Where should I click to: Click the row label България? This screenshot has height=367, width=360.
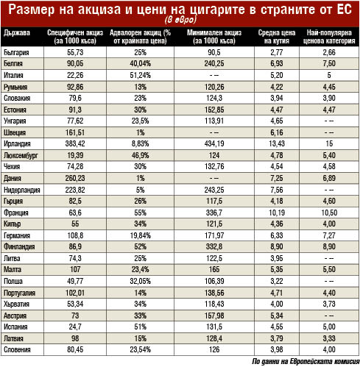(16, 52)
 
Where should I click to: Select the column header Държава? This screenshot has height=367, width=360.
(17, 33)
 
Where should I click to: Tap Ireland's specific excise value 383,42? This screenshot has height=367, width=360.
(75, 143)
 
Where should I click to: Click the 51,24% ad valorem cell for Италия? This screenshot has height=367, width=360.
(141, 75)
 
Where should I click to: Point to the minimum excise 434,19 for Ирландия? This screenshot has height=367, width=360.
(214, 143)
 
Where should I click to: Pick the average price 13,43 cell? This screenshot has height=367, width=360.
(277, 143)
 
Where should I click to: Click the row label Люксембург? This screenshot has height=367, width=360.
(21, 155)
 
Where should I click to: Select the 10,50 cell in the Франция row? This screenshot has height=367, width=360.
(329, 213)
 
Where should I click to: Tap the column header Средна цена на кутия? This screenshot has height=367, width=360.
(277, 37)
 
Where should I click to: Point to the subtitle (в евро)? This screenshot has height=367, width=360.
(181, 20)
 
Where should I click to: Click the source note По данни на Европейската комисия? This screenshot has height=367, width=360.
(306, 361)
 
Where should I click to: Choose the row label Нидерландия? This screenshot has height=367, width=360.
(22, 190)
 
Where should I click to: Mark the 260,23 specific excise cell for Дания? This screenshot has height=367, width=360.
(75, 178)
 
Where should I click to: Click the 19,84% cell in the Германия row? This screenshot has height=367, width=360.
(141, 235)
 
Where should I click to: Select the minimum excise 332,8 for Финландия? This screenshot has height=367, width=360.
(214, 246)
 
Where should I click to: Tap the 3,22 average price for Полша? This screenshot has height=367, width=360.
(277, 281)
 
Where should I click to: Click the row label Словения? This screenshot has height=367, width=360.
(17, 350)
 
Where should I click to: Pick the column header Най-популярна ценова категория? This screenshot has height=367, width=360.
(329, 37)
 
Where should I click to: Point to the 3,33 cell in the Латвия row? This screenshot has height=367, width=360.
(329, 338)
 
